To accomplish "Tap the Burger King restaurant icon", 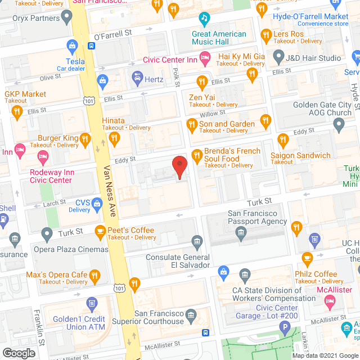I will coord(85,138).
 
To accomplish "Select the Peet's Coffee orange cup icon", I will coord(100,231).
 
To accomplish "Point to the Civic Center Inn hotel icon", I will coord(205,57).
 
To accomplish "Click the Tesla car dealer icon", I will coord(71,46).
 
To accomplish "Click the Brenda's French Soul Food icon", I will coord(197,155).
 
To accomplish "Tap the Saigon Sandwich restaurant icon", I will coord(282,140).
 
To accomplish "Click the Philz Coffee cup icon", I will coord(307,259).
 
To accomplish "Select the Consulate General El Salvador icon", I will coord(197,242).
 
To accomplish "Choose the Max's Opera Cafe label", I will coord(56,275).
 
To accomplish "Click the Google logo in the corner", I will coord(19,353).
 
